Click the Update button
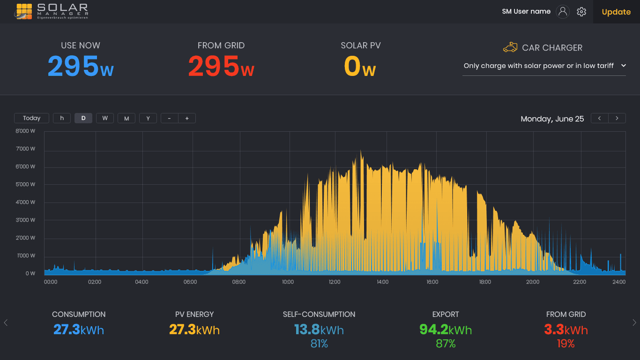point(616,12)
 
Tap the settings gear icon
point(581,12)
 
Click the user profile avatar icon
point(563,12)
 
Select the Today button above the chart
point(31,118)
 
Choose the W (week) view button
point(105,118)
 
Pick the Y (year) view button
point(148,118)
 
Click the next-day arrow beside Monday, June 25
point(617,118)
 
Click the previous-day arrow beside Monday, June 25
point(600,118)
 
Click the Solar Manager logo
point(51,11)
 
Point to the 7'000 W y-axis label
point(25,149)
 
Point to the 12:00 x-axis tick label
point(335,282)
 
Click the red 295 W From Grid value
point(221,67)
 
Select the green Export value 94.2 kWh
point(446,330)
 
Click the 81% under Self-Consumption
point(319,344)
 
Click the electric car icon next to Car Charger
point(510,47)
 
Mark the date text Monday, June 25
point(552,119)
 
